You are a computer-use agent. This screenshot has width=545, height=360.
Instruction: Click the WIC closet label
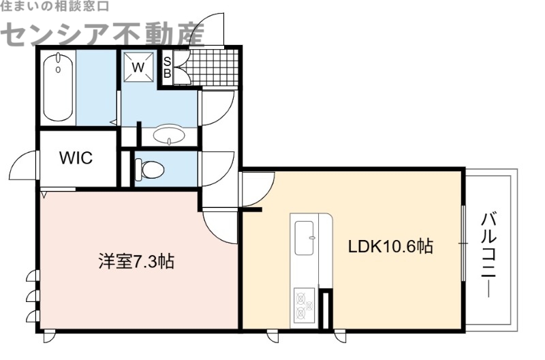pyautogui.click(x=76, y=158)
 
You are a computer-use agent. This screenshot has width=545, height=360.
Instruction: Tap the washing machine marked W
pyautogui.click(x=138, y=67)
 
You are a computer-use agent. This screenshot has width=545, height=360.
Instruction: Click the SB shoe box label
pyautogui.click(x=167, y=67)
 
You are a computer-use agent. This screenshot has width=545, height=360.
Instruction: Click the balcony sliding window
pyautogui.click(x=463, y=242)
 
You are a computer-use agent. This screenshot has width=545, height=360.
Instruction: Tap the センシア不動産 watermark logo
pyautogui.click(x=102, y=32)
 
